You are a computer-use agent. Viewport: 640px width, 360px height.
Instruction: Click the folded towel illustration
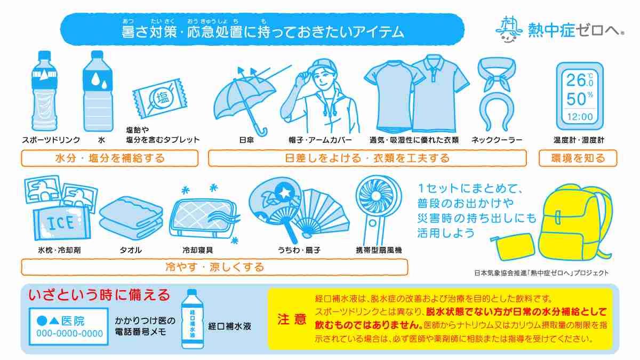click(x=131, y=219)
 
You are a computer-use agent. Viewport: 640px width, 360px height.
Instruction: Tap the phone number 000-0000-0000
click(x=69, y=334)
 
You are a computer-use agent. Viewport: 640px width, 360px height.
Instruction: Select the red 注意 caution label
click(x=292, y=319)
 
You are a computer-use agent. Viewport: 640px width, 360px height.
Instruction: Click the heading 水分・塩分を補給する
click(x=110, y=158)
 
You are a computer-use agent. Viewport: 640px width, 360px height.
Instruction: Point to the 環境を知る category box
click(x=578, y=158)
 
